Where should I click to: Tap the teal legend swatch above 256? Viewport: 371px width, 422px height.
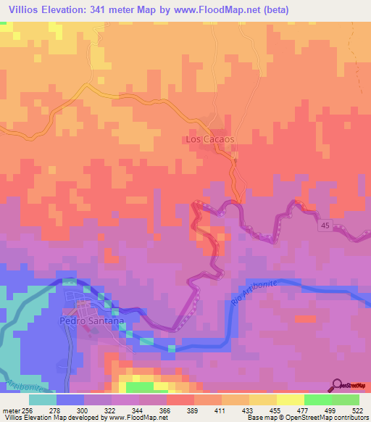click(x=43, y=400)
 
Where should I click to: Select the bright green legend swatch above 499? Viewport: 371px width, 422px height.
click(x=318, y=400)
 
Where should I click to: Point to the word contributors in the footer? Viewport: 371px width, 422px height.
click(x=349, y=418)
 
